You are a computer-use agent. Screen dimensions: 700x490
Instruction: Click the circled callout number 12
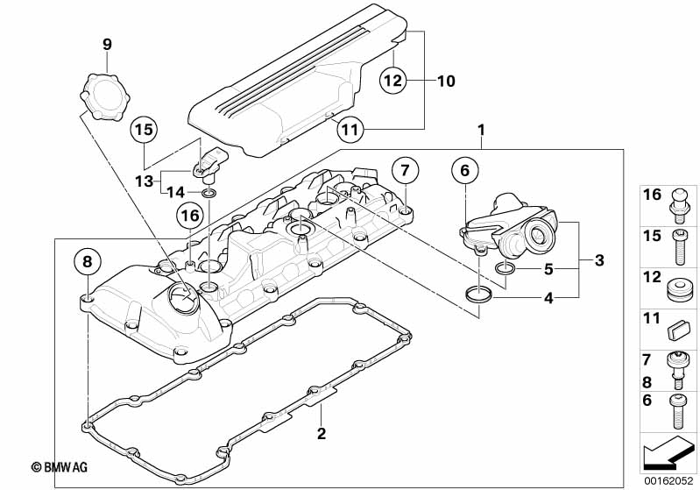393,81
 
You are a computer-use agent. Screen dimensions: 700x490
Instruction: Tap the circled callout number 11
350,129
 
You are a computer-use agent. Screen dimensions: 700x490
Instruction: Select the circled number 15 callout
145,130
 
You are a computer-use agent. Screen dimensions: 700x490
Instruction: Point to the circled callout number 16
190,216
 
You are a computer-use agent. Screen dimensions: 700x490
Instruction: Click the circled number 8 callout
88,261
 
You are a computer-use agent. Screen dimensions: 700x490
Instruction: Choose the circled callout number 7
405,170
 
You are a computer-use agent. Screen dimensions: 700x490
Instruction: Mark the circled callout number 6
464,170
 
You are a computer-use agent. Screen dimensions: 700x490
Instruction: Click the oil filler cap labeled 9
104,97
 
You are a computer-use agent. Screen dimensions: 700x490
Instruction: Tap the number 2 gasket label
322,433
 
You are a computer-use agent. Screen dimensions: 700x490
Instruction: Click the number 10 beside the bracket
446,81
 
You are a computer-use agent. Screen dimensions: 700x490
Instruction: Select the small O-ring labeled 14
209,194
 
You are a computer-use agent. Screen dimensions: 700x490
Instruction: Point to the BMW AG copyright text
60,467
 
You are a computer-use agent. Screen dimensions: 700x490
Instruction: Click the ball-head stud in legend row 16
679,206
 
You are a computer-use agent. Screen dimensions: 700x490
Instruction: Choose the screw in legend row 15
680,246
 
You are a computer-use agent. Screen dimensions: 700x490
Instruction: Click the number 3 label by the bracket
599,259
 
